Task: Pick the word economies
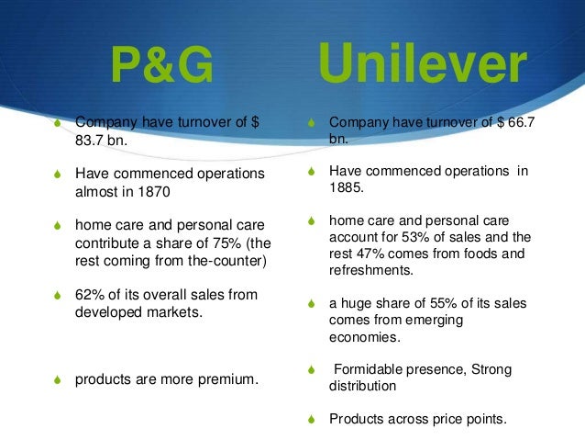point(364,336)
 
